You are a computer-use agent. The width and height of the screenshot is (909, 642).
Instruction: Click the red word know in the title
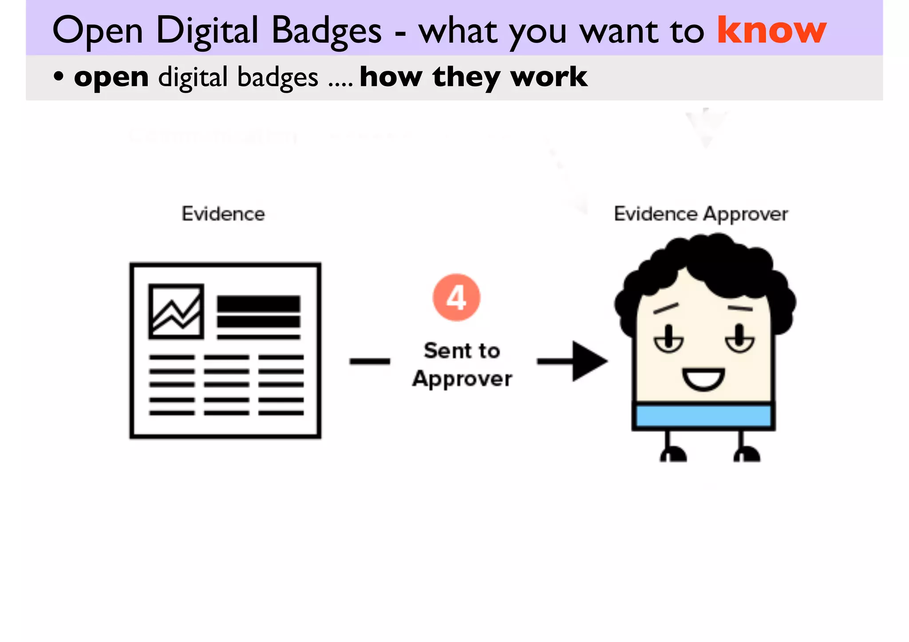click(771, 30)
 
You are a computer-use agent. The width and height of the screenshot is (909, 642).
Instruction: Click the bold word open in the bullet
click(111, 77)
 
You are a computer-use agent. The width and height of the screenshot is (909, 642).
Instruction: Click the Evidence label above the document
click(223, 214)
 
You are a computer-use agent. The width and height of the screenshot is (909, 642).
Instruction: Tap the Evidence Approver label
click(701, 214)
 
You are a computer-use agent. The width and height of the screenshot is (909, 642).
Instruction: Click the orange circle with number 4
click(456, 297)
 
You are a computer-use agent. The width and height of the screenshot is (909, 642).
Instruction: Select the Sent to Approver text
click(462, 365)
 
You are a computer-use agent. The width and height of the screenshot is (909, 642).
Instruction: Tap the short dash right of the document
click(369, 361)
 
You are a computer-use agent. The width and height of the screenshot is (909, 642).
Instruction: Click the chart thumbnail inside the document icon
click(176, 311)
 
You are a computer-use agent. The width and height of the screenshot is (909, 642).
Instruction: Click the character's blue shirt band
click(703, 416)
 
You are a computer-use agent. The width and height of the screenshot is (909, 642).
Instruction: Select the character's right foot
click(747, 455)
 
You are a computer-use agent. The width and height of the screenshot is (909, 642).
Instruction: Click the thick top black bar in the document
click(258, 304)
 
